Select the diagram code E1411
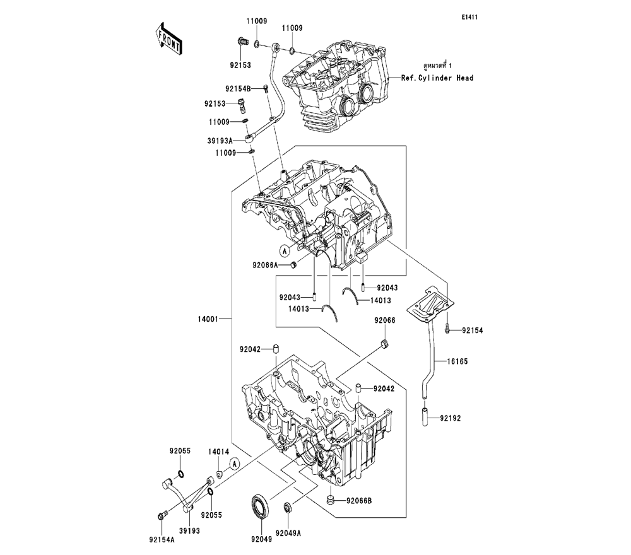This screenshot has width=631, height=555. click(x=469, y=18)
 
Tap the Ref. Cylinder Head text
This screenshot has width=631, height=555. click(x=437, y=78)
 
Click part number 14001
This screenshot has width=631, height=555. click(x=207, y=320)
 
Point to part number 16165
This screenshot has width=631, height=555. click(x=458, y=363)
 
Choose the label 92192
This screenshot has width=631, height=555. click(x=451, y=418)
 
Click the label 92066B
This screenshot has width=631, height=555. click(x=359, y=501)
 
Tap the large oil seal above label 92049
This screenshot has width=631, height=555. click(x=260, y=506)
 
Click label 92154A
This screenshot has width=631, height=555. click(x=162, y=539)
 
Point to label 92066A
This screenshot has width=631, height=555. click(x=264, y=266)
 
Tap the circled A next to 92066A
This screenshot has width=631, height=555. click(x=285, y=251)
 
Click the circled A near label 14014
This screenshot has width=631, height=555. click(x=234, y=464)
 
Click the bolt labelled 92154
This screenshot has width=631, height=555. click(x=447, y=329)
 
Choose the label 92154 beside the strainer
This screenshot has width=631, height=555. click(x=471, y=330)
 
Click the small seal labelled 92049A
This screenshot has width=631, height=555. click(x=288, y=506)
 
